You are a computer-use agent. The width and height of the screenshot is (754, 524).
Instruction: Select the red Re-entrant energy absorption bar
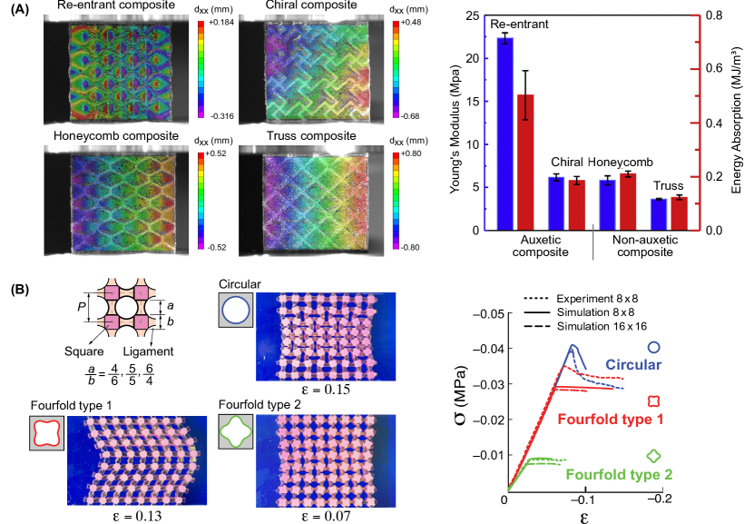(x=525, y=163)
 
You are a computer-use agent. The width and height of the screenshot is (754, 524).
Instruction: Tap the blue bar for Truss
(x=659, y=214)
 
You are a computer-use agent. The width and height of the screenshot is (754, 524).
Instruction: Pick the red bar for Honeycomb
(x=628, y=202)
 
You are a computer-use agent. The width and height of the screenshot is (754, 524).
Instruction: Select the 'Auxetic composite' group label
(x=541, y=246)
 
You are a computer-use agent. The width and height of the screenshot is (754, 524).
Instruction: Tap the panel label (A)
(x=20, y=10)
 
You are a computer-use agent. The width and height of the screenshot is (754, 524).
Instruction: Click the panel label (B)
(x=20, y=289)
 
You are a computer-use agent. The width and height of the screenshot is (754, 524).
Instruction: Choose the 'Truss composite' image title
(x=311, y=135)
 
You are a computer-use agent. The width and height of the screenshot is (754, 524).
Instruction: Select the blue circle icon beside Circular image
(x=236, y=311)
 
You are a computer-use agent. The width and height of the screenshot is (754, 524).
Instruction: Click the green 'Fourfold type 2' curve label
(x=619, y=474)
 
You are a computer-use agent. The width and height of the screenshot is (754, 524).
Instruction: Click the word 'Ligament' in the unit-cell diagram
(x=148, y=351)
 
